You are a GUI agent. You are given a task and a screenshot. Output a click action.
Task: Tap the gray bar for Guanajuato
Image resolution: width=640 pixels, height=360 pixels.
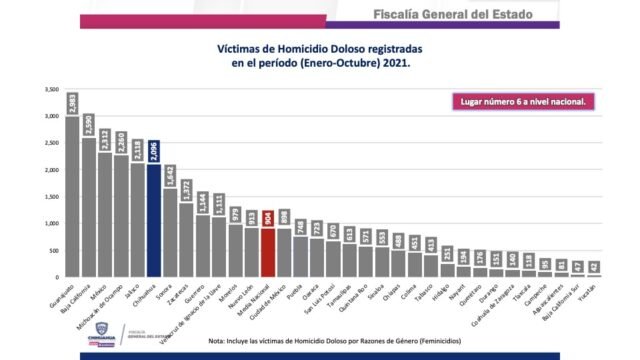tap(72, 196)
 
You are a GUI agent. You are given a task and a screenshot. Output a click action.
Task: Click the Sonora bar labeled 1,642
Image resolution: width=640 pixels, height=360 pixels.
tap(170, 232)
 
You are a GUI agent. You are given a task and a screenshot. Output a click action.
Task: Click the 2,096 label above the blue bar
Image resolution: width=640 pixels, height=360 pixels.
tap(154, 151)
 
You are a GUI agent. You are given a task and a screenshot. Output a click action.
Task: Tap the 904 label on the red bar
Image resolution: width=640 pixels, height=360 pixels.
tap(267, 219)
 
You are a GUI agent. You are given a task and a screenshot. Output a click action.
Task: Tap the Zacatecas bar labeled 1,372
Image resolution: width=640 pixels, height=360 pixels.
tap(186, 239)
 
